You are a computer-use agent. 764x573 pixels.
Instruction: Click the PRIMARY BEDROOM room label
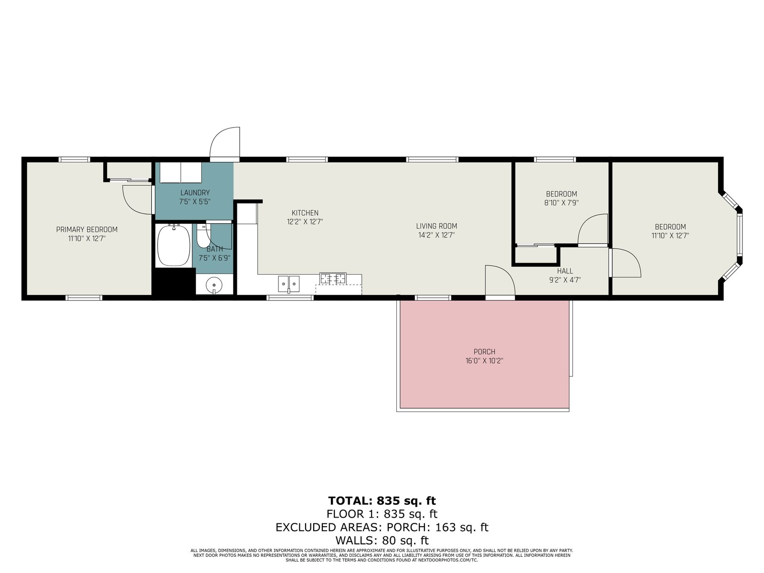pyautogui.click(x=87, y=230)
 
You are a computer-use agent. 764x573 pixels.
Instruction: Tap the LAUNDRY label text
pyautogui.click(x=195, y=193)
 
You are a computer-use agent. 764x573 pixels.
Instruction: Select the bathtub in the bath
pyautogui.click(x=174, y=245)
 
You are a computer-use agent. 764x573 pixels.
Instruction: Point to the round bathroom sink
pyautogui.click(x=214, y=285)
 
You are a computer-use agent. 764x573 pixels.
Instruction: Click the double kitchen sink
pyautogui.click(x=288, y=284)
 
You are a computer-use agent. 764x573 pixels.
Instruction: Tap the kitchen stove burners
pyautogui.click(x=333, y=278)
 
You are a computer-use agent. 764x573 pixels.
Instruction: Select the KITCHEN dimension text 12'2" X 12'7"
pyautogui.click(x=305, y=222)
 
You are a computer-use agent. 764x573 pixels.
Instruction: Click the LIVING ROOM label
pyautogui.click(x=436, y=226)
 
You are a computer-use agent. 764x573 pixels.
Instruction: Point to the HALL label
pyautogui.click(x=565, y=271)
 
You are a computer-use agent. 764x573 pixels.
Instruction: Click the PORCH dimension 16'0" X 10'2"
pyautogui.click(x=485, y=361)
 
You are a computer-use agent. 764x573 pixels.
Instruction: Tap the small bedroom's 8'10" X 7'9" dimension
pyautogui.click(x=562, y=203)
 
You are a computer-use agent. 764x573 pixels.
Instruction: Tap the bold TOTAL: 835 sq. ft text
pyautogui.click(x=382, y=500)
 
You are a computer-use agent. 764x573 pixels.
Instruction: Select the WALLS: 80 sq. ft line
pyautogui.click(x=382, y=541)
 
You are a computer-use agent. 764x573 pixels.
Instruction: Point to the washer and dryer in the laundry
pyautogui.click(x=180, y=172)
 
